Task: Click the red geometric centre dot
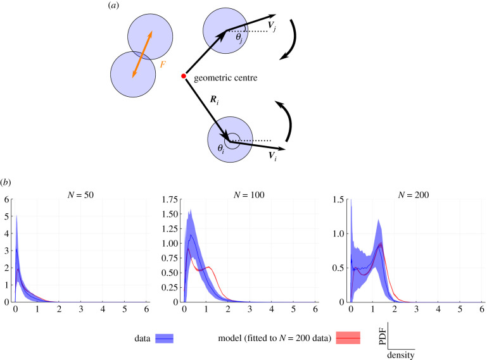point(184,77)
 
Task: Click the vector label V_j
point(271,27)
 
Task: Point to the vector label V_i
point(274,155)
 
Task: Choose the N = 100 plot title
point(248,195)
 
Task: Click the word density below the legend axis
point(401,355)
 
